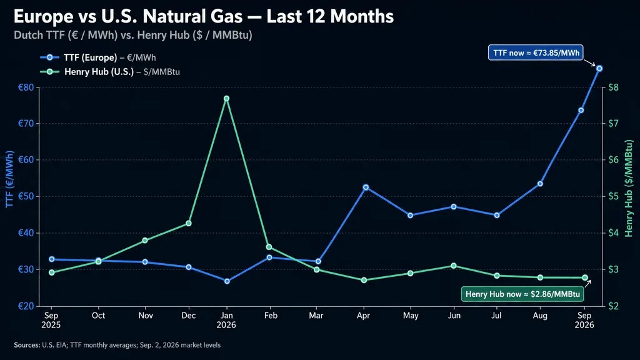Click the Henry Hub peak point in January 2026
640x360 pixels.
pyautogui.click(x=226, y=98)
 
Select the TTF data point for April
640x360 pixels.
pyautogui.click(x=366, y=187)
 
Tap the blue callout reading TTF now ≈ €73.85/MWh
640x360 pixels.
pyautogui.click(x=536, y=52)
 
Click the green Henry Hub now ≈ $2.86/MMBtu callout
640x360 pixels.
pyautogui.click(x=522, y=294)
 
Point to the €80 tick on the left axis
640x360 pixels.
pyautogui.click(x=26, y=87)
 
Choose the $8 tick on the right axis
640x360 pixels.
pyautogui.click(x=613, y=87)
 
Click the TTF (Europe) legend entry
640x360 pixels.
pyautogui.click(x=98, y=57)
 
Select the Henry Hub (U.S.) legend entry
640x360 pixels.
pyautogui.click(x=110, y=72)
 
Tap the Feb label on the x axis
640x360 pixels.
pyautogui.click(x=271, y=316)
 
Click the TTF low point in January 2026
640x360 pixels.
pyautogui.click(x=227, y=281)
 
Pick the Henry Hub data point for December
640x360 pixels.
pyautogui.click(x=189, y=223)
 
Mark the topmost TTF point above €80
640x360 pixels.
pyautogui.click(x=599, y=69)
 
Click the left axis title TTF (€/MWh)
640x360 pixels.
pyautogui.click(x=10, y=179)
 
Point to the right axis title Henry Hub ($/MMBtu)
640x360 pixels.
pyautogui.click(x=629, y=188)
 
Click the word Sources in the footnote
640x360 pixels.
pyautogui.click(x=27, y=345)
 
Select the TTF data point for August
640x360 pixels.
pyautogui.click(x=540, y=184)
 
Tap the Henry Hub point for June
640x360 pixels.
pyautogui.click(x=454, y=266)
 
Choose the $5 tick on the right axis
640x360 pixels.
pyautogui.click(x=613, y=196)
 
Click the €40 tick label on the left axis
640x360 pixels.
pyautogui.click(x=26, y=233)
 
